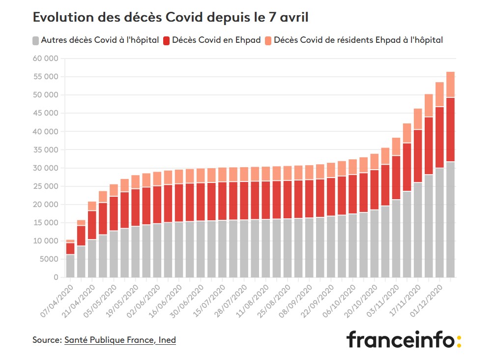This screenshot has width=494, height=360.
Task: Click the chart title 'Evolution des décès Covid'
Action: [171, 18]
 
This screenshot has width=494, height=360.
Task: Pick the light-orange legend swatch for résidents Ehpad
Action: [268, 40]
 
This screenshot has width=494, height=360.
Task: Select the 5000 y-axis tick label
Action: [48, 259]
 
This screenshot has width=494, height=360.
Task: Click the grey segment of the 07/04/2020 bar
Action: [70, 266]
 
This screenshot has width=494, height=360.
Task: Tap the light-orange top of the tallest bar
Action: [450, 85]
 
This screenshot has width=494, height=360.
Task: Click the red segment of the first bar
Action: [70, 248]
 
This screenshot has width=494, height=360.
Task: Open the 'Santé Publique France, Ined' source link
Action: [120, 340]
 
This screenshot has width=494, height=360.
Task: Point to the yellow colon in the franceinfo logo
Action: [459, 341]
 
